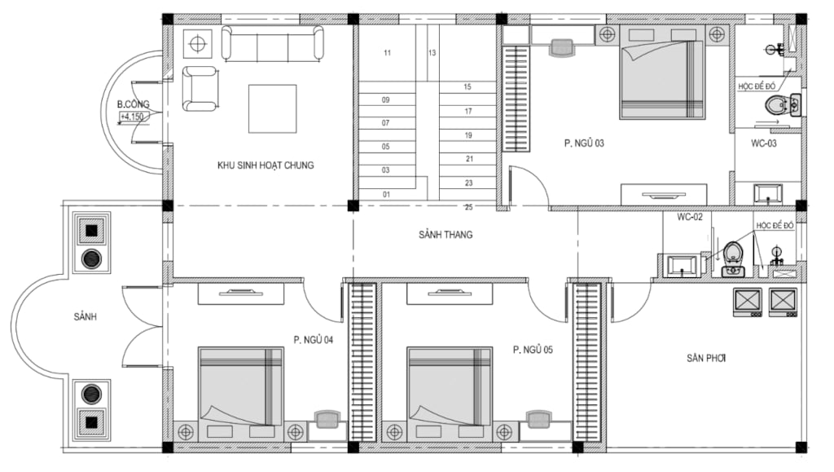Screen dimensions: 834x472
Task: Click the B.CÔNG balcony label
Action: pyautogui.click(x=133, y=104)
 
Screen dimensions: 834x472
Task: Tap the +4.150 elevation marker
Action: pyautogui.click(x=132, y=117)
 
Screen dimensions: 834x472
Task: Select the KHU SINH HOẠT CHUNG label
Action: pyautogui.click(x=266, y=165)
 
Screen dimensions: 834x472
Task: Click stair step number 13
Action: pyautogui.click(x=432, y=53)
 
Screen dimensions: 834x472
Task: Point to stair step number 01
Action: pyautogui.click(x=386, y=195)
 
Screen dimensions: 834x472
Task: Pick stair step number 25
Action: pyautogui.click(x=468, y=207)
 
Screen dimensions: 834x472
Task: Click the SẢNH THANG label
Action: pyautogui.click(x=446, y=235)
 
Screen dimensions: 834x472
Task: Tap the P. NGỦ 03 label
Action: pyautogui.click(x=584, y=143)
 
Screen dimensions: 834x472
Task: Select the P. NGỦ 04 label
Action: pyautogui.click(x=314, y=339)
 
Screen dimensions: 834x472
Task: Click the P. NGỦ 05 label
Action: pyautogui.click(x=533, y=350)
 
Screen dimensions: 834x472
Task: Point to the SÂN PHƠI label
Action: pyautogui.click(x=706, y=358)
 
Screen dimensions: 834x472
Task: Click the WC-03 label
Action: pyautogui.click(x=764, y=143)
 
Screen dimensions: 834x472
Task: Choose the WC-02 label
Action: pyautogui.click(x=690, y=217)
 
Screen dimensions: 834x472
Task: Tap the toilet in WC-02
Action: pyautogui.click(x=734, y=258)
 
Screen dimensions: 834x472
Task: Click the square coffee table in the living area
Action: pyautogui.click(x=272, y=108)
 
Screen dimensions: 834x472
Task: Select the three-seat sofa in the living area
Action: pyautogui.click(x=272, y=43)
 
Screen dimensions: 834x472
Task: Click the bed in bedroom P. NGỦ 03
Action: pyautogui.click(x=662, y=73)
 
